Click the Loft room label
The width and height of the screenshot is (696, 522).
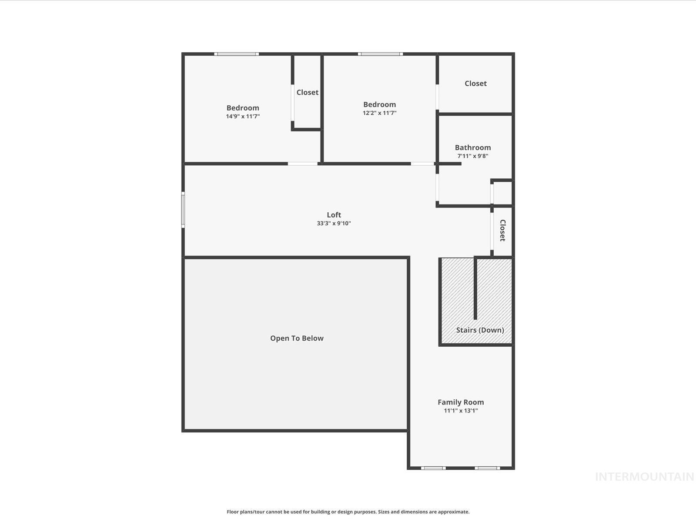tap(334, 215)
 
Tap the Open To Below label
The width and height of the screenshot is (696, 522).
tap(297, 338)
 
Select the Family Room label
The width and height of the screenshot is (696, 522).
tap(461, 402)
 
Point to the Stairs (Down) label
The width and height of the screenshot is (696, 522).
tap(480, 330)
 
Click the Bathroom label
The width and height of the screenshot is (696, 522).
tap(473, 147)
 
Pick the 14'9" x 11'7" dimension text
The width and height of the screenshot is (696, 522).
tap(243, 116)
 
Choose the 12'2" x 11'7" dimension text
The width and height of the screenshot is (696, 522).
tap(380, 113)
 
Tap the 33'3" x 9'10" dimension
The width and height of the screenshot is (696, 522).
tap(334, 223)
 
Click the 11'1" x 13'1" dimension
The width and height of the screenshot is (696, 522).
tap(461, 411)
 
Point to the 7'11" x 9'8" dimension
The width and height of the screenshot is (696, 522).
tap(473, 156)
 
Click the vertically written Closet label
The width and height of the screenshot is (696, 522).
tap(502, 231)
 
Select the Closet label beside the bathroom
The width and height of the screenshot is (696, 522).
tap(475, 84)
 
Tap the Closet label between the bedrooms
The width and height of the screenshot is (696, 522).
tap(308, 92)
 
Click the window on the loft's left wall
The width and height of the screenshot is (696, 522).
tap(183, 210)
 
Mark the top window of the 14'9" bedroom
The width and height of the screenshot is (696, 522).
tap(237, 54)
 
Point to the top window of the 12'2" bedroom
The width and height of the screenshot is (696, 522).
tap(381, 54)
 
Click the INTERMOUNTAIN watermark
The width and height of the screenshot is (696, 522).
tap(645, 477)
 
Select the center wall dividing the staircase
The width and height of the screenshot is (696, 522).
tap(475, 288)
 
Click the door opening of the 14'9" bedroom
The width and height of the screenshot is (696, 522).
tap(303, 164)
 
